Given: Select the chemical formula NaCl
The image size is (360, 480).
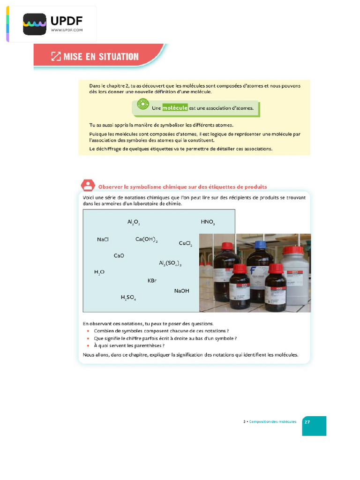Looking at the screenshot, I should click(x=103, y=240).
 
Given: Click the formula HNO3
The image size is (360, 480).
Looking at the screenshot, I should click(x=208, y=222).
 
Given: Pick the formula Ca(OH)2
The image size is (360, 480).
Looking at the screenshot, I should click(x=146, y=240).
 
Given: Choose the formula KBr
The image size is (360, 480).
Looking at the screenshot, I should click(x=152, y=280).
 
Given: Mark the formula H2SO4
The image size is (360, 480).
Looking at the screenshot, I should click(x=128, y=297).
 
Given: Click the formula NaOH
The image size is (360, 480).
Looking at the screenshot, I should click(x=181, y=291).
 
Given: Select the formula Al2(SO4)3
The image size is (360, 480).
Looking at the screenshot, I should click(x=170, y=263).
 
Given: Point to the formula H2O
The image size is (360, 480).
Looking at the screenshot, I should click(x=99, y=272).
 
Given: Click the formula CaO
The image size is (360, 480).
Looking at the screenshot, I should click(x=119, y=255).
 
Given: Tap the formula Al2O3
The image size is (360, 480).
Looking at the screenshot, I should click(x=134, y=222).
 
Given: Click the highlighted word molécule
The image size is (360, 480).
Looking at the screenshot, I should click(x=175, y=108).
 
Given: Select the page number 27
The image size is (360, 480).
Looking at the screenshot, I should click(x=307, y=421).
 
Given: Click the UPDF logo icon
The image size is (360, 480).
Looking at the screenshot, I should click(x=35, y=24).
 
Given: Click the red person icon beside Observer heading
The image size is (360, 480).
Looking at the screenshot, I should click(x=88, y=186).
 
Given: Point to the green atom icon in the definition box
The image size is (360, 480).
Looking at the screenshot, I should click(x=142, y=105).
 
